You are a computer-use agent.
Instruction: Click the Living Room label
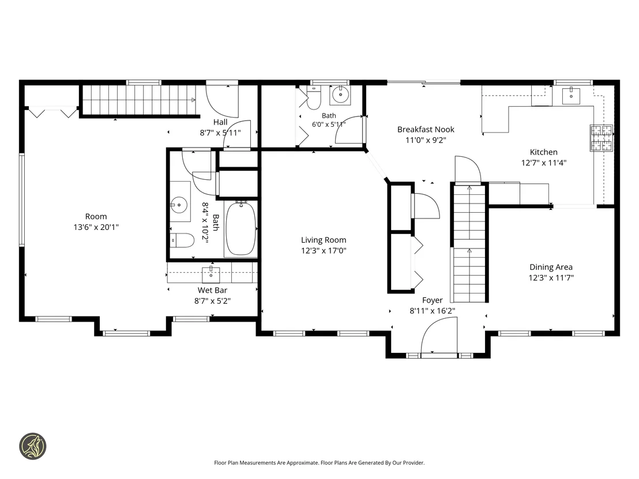[x=324, y=240]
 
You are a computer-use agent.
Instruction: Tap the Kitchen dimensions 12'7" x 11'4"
[x=544, y=163]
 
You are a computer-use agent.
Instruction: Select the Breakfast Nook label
[x=426, y=129]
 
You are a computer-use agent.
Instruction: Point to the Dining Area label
[x=551, y=267]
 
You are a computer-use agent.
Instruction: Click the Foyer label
[x=432, y=300]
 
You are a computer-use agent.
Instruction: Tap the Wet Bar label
[x=212, y=290]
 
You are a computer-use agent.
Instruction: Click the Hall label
[x=220, y=122]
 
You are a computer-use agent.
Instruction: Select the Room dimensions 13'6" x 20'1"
[x=96, y=227]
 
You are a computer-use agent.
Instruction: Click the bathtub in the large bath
[x=241, y=228]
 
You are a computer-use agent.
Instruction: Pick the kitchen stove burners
[x=602, y=138]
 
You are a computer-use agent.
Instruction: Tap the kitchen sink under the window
[x=571, y=96]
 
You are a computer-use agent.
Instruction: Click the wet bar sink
[x=211, y=274]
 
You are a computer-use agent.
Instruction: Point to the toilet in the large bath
[x=182, y=240]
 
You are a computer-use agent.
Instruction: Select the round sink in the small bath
[x=340, y=95]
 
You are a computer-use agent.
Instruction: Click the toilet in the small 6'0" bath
[x=313, y=98]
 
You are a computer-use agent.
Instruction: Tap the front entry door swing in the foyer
[x=439, y=337]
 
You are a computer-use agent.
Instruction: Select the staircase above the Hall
[x=140, y=100]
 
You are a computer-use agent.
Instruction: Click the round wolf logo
[x=33, y=446]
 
